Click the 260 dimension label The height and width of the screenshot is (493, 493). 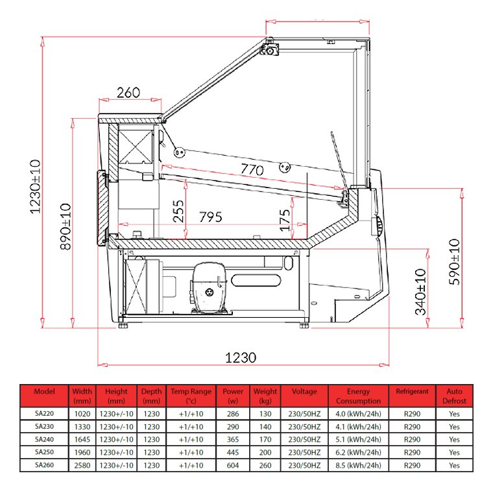tap(128, 92)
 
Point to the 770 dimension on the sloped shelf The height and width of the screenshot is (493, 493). tap(252, 170)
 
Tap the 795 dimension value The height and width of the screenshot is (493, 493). tap(211, 217)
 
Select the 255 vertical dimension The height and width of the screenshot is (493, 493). tap(178, 211)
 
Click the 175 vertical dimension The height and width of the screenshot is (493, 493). tap(285, 221)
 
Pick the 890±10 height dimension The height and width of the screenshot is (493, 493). tap(66, 226)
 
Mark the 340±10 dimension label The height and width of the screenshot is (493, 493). tap(420, 292)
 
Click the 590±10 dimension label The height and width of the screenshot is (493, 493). tap(454, 262)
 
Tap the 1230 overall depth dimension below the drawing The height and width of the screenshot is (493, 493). tap(241, 357)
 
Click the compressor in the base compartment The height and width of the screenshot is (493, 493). tap(208, 288)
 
